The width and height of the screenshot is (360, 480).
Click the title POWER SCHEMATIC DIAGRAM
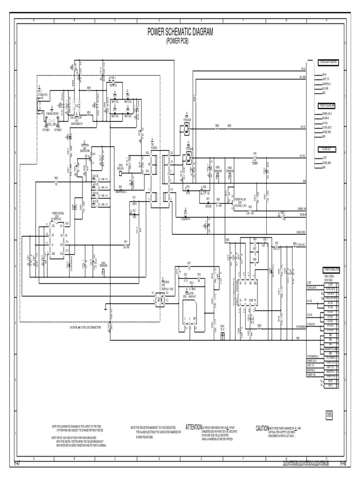pos(180,32)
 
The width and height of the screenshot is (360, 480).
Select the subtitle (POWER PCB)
pos(180,41)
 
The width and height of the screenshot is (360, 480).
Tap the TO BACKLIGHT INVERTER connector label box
pos(329,62)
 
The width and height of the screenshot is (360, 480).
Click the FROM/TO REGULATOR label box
pos(330,270)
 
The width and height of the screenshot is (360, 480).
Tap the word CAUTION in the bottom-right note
pos(262,428)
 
